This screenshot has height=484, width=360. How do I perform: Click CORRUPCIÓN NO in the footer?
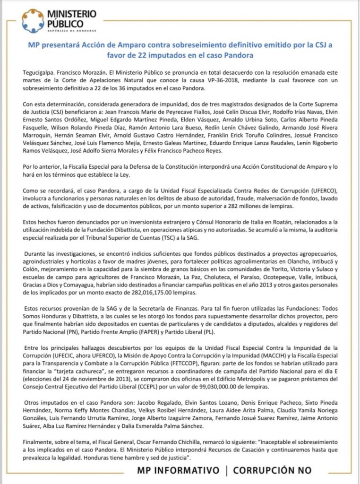[272, 470]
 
